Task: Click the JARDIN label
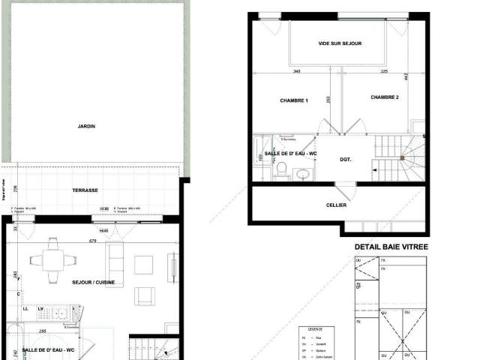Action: pyautogui.click(x=86, y=126)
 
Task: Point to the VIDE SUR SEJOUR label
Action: pyautogui.click(x=340, y=43)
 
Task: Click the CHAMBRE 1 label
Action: pyautogui.click(x=295, y=100)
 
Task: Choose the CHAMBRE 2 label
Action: pyautogui.click(x=384, y=97)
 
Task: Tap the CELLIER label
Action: pyautogui.click(x=337, y=205)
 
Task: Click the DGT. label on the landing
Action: pyautogui.click(x=345, y=159)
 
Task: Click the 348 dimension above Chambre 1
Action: pyautogui.click(x=296, y=72)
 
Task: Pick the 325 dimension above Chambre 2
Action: pyautogui.click(x=384, y=72)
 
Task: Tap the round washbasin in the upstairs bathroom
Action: pyautogui.click(x=302, y=174)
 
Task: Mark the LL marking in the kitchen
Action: pyautogui.click(x=25, y=308)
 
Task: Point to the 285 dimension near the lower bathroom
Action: pyautogui.click(x=44, y=331)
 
